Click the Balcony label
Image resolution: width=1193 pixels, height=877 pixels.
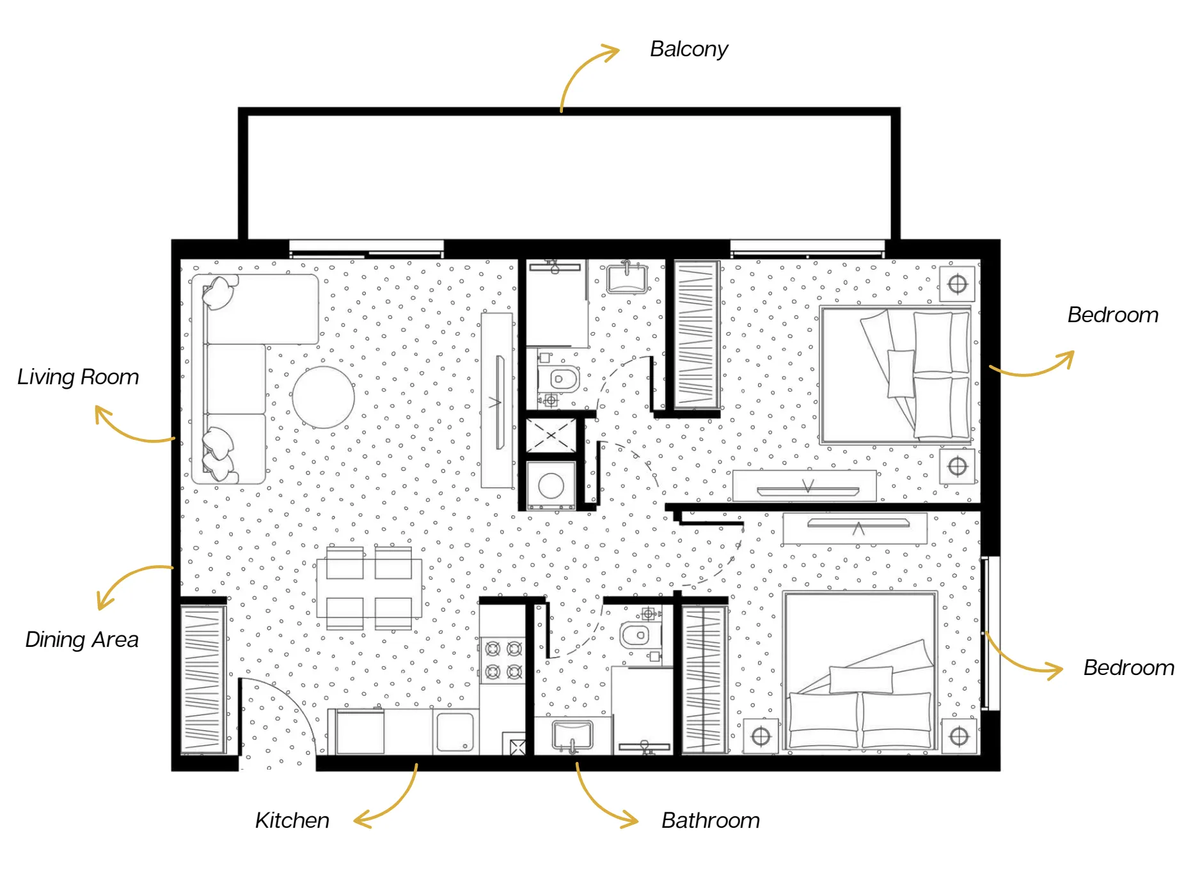point(689,49)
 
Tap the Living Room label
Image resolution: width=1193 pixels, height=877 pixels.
point(78,377)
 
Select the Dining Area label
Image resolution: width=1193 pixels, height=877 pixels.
point(82,639)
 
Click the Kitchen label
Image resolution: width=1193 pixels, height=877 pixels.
point(292,820)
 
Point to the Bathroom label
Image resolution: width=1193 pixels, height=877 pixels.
point(711,820)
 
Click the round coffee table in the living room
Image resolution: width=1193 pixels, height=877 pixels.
point(324,397)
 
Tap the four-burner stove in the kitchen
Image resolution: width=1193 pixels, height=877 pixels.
point(503,660)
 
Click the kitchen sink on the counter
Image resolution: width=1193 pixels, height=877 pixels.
point(455,733)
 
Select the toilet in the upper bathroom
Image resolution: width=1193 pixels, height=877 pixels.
point(559,379)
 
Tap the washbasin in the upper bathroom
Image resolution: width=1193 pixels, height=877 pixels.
point(627,277)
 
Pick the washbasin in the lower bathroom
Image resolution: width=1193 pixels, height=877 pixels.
point(573,736)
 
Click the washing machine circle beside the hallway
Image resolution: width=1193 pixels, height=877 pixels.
point(551,486)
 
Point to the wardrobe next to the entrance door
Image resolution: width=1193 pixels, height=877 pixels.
point(203,679)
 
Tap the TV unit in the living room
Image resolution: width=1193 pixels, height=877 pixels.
point(498,401)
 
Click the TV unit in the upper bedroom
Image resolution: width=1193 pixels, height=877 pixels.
point(805,486)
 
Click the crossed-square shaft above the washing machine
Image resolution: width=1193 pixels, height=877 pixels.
point(551,436)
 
